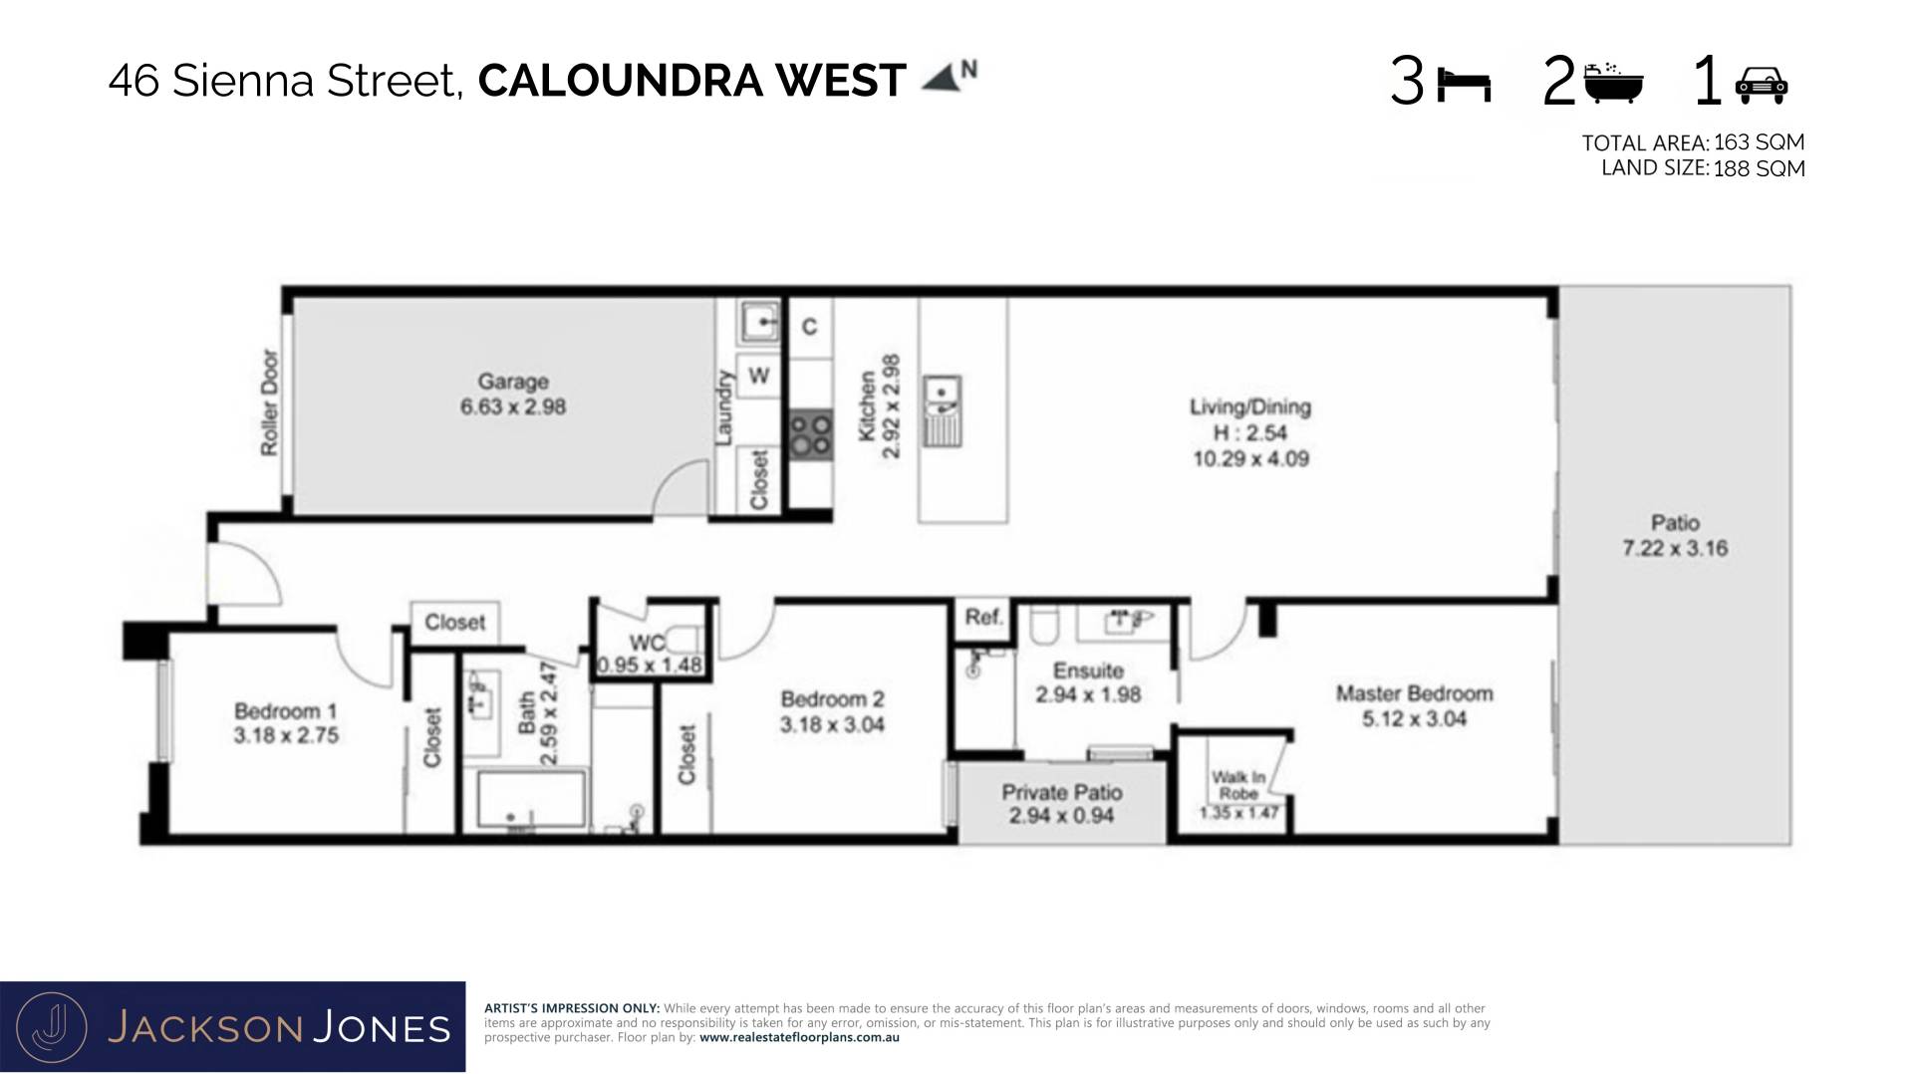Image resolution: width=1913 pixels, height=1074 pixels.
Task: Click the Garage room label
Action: (x=512, y=382)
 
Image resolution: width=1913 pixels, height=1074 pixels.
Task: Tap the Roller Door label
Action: (x=269, y=403)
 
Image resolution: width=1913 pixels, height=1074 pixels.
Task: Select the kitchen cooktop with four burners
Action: (x=812, y=435)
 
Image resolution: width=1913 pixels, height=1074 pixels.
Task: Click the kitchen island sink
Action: (x=942, y=410)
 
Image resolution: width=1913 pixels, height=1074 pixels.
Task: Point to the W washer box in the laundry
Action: (x=759, y=376)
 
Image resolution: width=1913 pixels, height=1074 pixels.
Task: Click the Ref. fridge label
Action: (x=982, y=618)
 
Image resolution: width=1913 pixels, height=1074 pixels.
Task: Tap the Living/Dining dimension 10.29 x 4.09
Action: (x=1250, y=459)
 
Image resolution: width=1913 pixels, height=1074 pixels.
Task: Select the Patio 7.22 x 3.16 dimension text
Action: (x=1675, y=548)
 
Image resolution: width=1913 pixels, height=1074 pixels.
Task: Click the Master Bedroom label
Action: (x=1414, y=693)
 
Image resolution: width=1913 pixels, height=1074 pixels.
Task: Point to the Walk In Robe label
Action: (x=1238, y=785)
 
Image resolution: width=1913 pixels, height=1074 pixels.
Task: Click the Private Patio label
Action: (x=1062, y=793)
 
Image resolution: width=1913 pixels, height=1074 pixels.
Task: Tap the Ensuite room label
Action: (x=1088, y=671)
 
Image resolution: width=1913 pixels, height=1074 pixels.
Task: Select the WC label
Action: (x=648, y=644)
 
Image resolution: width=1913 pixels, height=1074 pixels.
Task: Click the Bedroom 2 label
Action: (x=832, y=699)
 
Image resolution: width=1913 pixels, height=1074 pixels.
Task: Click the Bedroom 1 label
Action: (x=286, y=711)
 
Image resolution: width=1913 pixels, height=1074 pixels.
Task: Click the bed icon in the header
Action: (x=1464, y=87)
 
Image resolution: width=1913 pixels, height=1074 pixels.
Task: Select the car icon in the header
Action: (x=1762, y=86)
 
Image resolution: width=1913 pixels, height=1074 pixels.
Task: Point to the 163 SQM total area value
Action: (x=1760, y=142)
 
